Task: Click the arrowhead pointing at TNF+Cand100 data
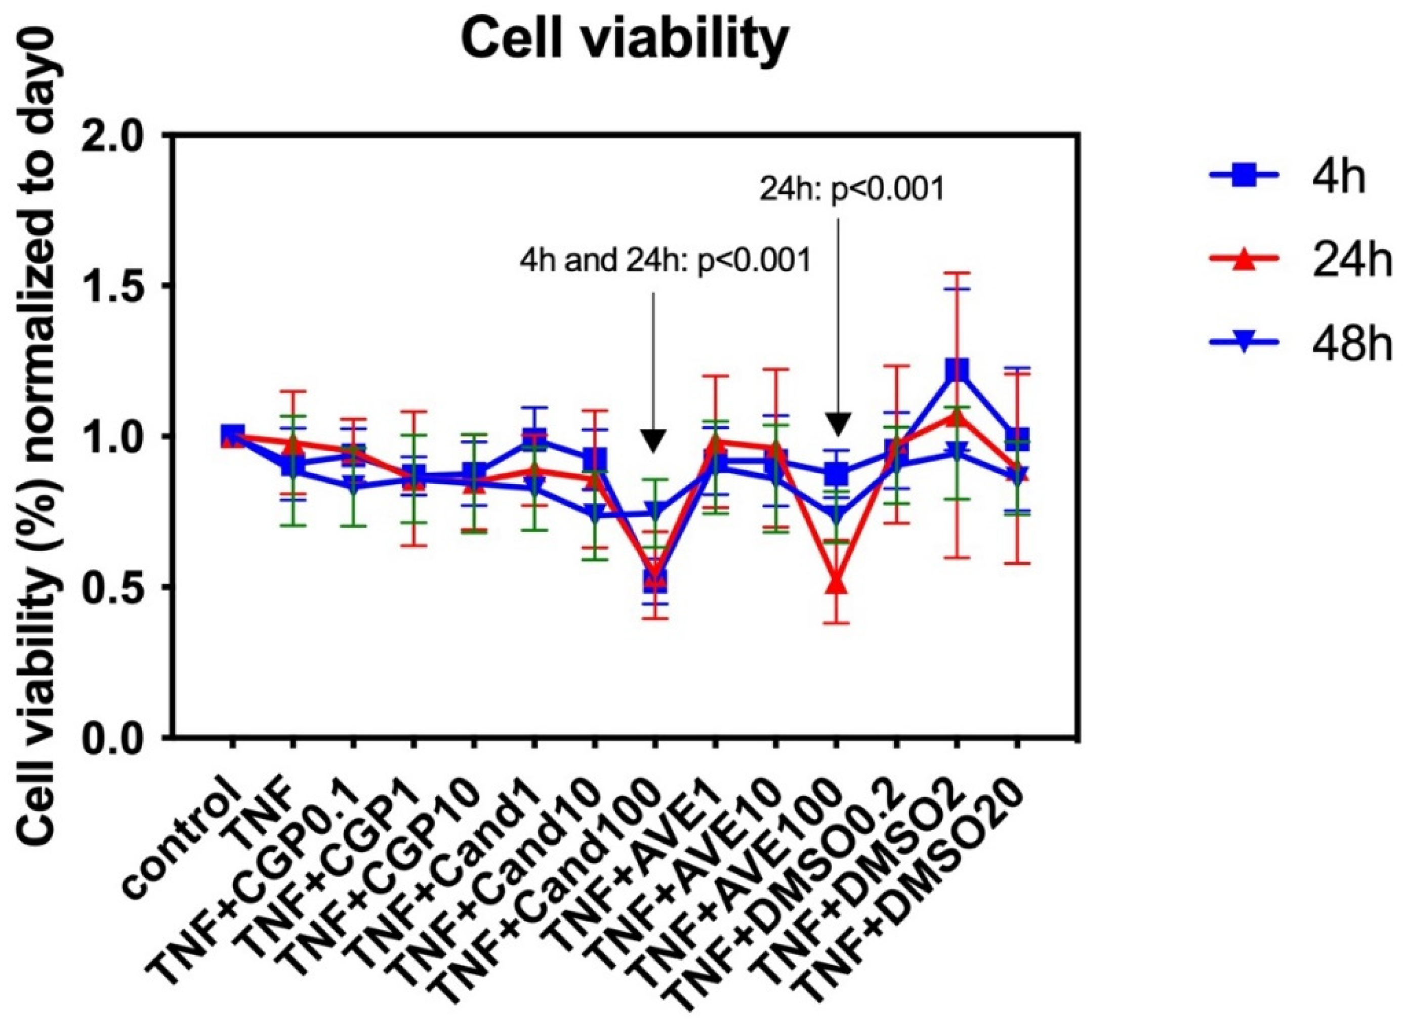(x=653, y=440)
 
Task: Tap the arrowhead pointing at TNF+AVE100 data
(x=837, y=426)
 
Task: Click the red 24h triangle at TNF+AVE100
(x=837, y=585)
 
